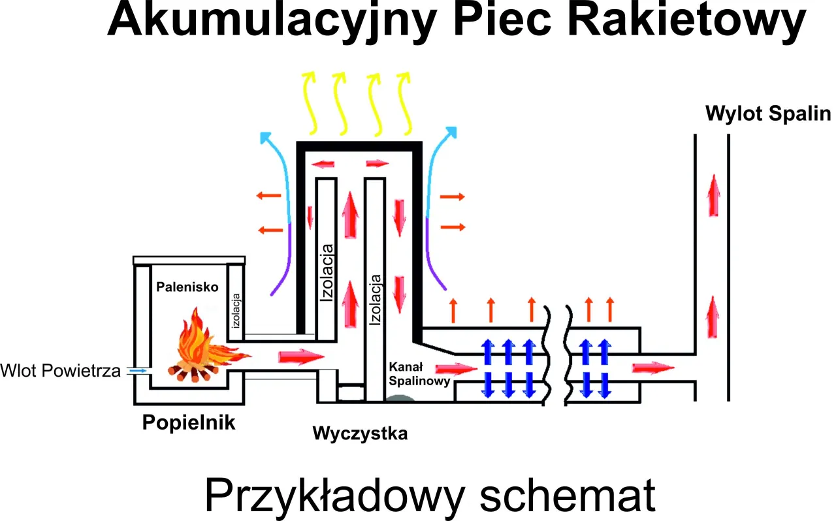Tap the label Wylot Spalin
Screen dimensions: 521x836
coord(767,114)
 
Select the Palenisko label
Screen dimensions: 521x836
coord(187,287)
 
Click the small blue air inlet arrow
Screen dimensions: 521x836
coord(138,370)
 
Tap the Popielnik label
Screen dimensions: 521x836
coord(189,422)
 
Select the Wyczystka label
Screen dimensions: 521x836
coord(360,433)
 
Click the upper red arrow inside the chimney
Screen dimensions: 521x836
coord(715,195)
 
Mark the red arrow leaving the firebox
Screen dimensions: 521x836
coord(301,356)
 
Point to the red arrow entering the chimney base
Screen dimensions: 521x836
coord(652,366)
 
